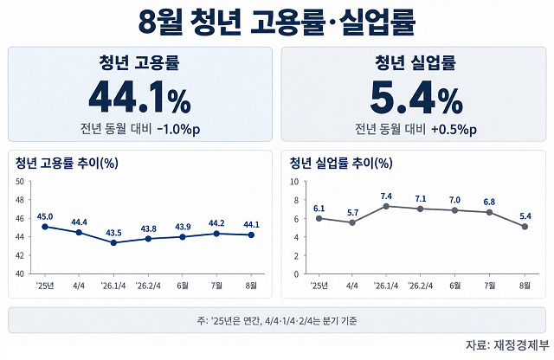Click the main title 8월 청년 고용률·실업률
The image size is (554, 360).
pos(277,22)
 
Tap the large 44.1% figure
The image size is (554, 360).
pos(140,97)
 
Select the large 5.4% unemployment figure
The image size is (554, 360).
pos(416,97)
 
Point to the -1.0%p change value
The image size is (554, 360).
pos(178,129)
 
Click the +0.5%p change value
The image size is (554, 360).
pos(454,129)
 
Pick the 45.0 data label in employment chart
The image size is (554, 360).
pos(45,216)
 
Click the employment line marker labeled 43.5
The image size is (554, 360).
pos(113,242)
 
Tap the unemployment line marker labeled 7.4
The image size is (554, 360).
pos(386,206)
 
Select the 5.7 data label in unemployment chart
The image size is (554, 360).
pos(352,213)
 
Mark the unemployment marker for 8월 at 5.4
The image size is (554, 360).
pos(525,227)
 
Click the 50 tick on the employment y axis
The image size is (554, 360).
pos(20,182)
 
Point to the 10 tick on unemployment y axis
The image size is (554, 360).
pos(294,182)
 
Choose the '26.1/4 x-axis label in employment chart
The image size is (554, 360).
pos(113,286)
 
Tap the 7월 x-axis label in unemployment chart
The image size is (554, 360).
pos(490,286)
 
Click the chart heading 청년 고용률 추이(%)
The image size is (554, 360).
pos(67,163)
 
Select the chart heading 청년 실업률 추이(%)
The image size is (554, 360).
pos(341,163)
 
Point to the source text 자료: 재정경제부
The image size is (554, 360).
pos(507,345)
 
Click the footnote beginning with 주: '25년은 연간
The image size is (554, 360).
pos(277,321)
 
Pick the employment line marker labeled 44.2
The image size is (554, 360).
pos(216,234)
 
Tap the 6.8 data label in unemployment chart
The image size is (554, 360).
pos(489,202)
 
